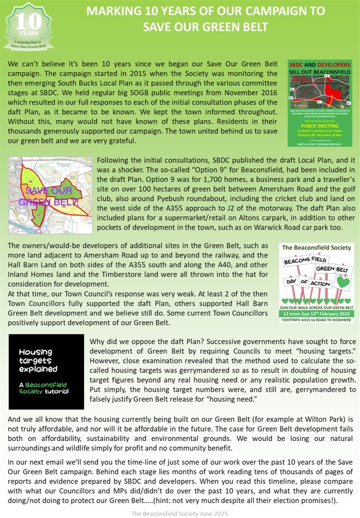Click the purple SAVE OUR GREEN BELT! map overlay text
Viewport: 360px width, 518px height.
point(48,196)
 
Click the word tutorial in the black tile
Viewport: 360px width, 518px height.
point(55,391)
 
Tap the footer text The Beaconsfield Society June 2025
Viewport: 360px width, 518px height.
point(179,511)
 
